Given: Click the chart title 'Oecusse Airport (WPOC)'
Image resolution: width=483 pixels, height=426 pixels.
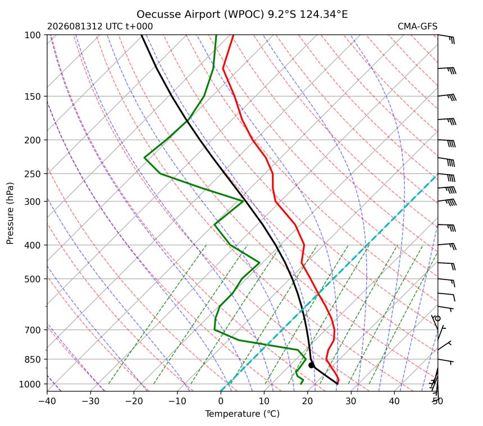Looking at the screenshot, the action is (201, 15).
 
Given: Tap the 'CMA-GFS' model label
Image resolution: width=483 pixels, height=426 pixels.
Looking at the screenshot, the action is (417, 26).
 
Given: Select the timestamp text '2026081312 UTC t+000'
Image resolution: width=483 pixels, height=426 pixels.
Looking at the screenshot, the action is (100, 26).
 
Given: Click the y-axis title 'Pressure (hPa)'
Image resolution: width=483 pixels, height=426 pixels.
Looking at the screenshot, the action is (10, 213).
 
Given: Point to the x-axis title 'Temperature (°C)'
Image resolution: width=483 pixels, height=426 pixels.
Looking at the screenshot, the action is (242, 414).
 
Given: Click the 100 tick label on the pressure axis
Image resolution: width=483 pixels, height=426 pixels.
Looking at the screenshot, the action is (33, 35).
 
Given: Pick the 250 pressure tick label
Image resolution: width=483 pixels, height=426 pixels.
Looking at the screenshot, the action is (33, 174).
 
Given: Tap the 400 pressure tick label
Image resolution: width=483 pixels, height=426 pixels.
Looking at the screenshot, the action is (33, 245).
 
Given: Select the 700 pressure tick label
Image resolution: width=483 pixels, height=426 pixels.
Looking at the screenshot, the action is (33, 330).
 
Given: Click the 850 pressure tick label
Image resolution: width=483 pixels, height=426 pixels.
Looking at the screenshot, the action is (33, 359).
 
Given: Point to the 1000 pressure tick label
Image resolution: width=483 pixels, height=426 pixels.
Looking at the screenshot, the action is (30, 384).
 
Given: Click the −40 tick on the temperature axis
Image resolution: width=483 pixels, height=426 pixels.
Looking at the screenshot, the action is (47, 401).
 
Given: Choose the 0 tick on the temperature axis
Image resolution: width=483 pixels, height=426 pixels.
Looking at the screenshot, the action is (221, 401).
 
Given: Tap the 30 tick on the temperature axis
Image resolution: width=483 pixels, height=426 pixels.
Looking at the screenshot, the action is (351, 401).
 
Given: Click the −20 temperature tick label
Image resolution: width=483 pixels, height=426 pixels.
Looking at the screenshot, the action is (134, 401).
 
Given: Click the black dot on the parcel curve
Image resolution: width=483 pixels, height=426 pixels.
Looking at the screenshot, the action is (312, 365).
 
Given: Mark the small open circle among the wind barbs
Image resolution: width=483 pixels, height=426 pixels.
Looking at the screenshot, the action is (438, 318).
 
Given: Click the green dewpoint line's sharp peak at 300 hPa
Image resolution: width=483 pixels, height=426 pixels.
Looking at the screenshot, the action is (244, 201).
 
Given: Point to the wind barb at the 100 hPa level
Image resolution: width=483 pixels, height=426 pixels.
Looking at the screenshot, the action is (446, 38).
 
